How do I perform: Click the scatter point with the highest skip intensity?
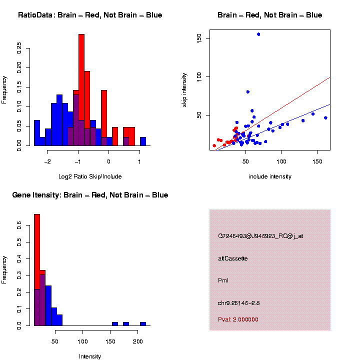[258, 34]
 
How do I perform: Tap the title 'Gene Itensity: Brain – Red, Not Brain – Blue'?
[90, 195]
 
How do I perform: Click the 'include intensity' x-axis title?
[269, 176]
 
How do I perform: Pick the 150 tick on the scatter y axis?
[199, 38]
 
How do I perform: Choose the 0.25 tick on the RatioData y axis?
[19, 47]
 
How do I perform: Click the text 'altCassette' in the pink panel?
[233, 258]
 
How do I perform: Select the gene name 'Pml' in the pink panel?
[223, 280]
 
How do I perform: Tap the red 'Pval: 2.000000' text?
[238, 319]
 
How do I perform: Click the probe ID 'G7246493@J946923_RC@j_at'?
[260, 236]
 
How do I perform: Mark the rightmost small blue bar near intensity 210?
[143, 323]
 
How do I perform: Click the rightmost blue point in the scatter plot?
[325, 118]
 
